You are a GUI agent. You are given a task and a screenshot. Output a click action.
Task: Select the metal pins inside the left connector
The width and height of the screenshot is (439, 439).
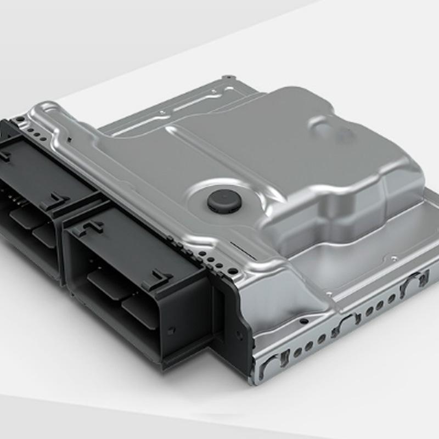point(16,200)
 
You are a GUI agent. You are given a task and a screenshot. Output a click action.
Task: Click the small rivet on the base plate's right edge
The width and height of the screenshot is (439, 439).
point(393,257)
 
